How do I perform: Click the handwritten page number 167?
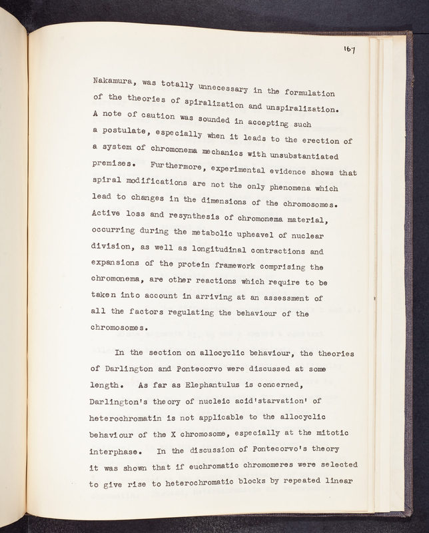click(x=349, y=49)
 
